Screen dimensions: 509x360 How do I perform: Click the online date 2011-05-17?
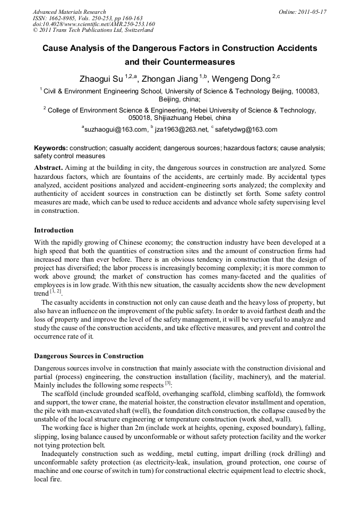pos(312,12)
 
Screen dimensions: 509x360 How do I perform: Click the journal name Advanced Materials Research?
pos(70,12)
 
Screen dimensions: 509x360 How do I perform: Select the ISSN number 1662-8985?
pos(65,18)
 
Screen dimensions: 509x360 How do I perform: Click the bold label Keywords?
pos(51,149)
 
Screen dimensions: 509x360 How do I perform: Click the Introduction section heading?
pos(54,230)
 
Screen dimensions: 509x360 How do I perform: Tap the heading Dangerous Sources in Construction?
pos(89,356)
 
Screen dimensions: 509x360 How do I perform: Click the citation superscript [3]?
pos(167,383)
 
